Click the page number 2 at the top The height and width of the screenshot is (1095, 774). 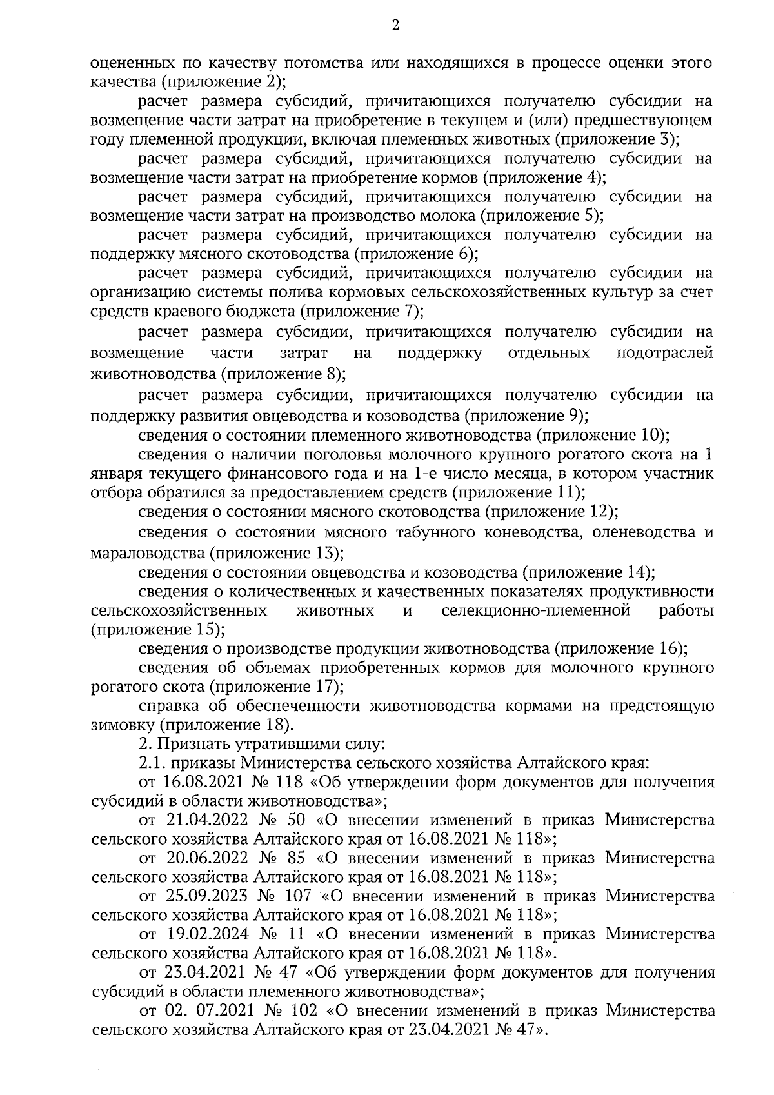pos(395,25)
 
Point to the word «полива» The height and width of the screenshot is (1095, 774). pos(269,292)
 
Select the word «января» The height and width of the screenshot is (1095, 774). pos(117,474)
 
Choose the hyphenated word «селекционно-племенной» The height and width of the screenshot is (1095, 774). pos(535,610)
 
